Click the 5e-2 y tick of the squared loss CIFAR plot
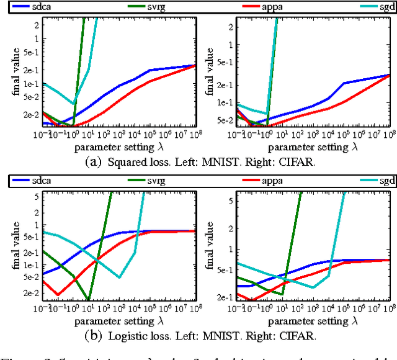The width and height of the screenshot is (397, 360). click(218, 120)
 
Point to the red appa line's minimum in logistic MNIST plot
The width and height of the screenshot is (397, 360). click(58, 295)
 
